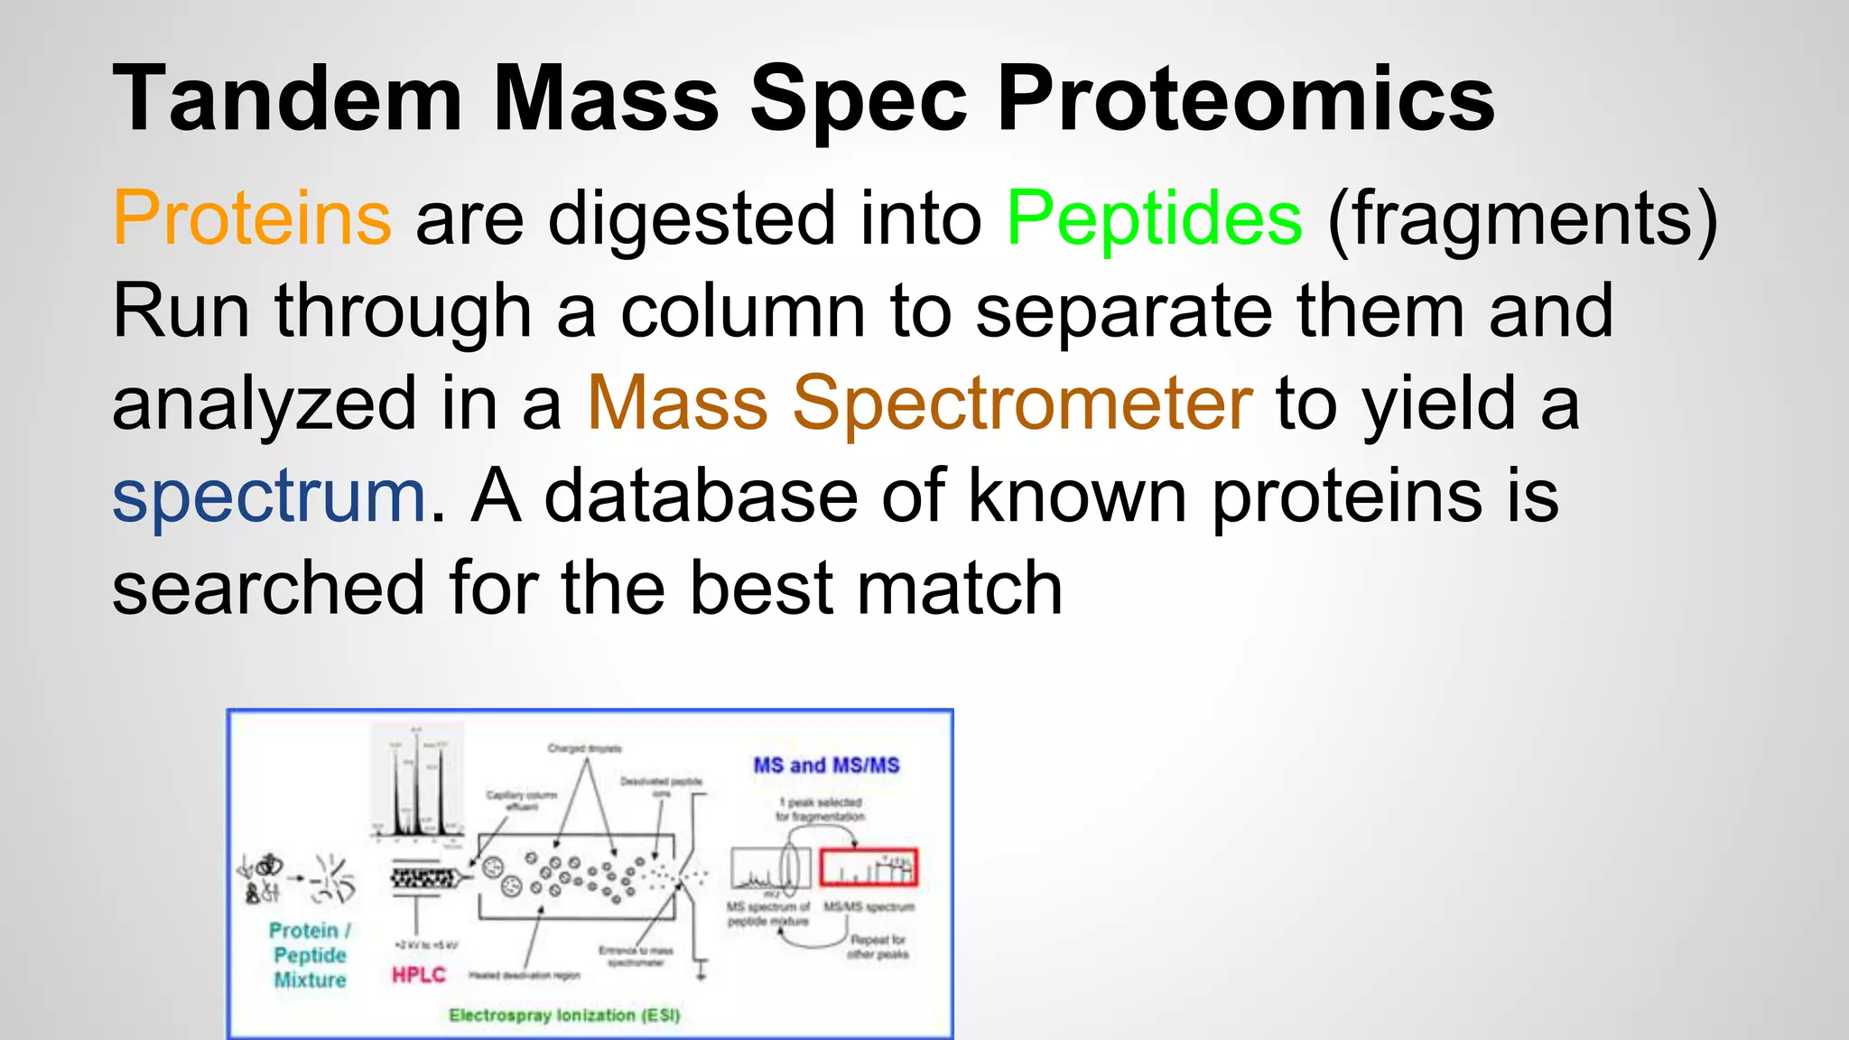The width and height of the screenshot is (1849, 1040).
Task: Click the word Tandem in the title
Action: [x=287, y=99]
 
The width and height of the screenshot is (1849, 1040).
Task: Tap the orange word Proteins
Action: [x=252, y=219]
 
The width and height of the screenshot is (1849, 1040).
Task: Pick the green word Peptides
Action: [x=1154, y=219]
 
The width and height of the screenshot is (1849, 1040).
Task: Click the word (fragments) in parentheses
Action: [x=1522, y=219]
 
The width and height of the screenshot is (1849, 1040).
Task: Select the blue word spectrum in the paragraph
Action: [x=268, y=497]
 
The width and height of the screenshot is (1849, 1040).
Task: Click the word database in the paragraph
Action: [x=701, y=496]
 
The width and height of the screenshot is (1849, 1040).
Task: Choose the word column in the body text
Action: [x=743, y=311]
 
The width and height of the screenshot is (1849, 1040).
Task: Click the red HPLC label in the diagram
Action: [x=418, y=975]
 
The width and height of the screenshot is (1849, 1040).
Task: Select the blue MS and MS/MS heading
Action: [x=826, y=766]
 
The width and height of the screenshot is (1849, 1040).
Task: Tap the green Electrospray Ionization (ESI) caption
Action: [x=564, y=1016]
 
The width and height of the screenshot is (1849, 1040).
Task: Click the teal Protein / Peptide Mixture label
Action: [x=310, y=955]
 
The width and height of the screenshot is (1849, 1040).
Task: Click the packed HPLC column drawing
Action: [x=423, y=877]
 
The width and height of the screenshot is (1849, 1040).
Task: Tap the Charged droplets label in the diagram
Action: [x=584, y=748]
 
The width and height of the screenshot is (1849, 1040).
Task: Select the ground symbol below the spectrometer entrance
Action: [x=702, y=971]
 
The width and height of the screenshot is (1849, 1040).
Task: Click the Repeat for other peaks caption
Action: [x=878, y=947]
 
